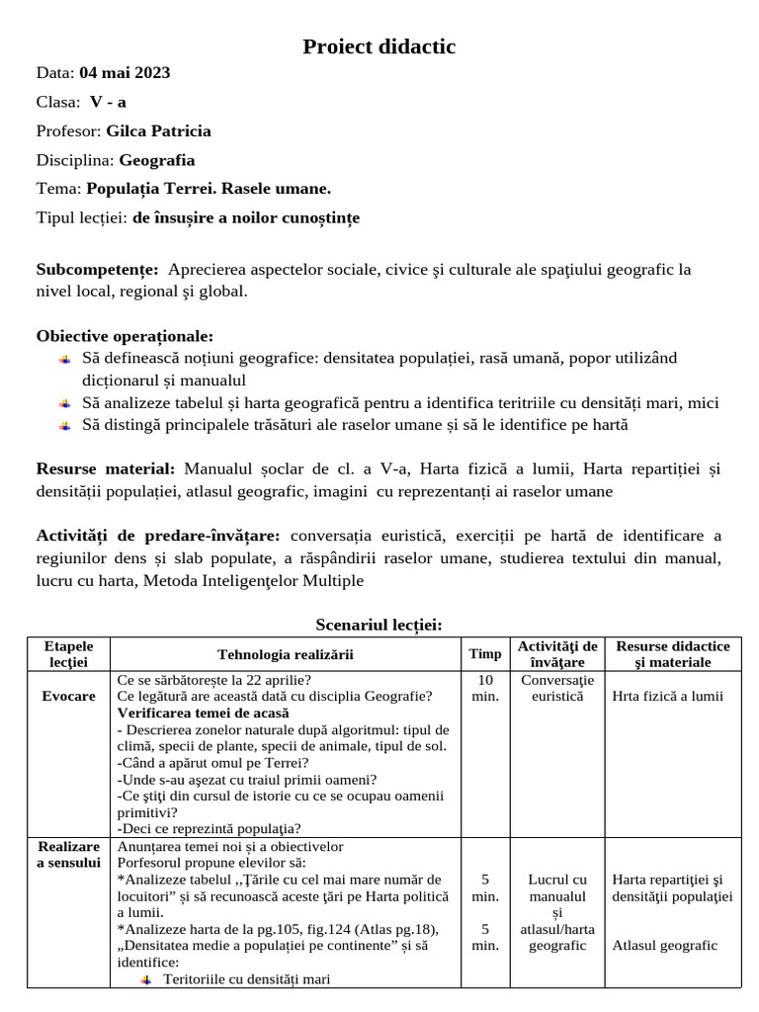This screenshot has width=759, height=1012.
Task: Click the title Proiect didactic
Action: pyautogui.click(x=379, y=46)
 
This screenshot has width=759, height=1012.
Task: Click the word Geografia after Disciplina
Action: pyautogui.click(x=157, y=160)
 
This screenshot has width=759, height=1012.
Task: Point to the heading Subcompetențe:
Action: pyautogui.click(x=97, y=270)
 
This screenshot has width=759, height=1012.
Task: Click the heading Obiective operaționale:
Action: pyautogui.click(x=125, y=336)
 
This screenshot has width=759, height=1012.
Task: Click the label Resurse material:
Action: pyautogui.click(x=106, y=468)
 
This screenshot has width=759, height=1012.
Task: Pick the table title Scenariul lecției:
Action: pyautogui.click(x=379, y=625)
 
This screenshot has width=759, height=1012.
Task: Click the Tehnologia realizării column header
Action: pyautogui.click(x=285, y=654)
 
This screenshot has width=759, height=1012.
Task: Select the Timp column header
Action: pyautogui.click(x=484, y=654)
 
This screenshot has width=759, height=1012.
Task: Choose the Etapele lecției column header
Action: pyautogui.click(x=68, y=654)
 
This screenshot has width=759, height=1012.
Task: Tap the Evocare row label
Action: pyautogui.click(x=68, y=696)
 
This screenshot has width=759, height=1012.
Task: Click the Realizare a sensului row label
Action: pyautogui.click(x=68, y=855)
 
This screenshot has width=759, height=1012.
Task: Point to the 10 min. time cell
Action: pyautogui.click(x=484, y=688)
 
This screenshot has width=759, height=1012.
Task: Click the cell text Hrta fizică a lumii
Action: pyautogui.click(x=668, y=696)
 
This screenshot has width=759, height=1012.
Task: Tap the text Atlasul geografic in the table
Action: pyautogui.click(x=664, y=946)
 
